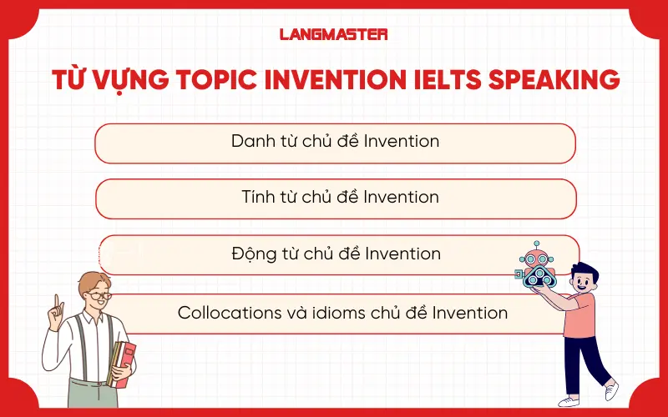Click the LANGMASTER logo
pyautogui.click(x=333, y=34)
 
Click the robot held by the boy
pyautogui.click(x=534, y=266)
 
